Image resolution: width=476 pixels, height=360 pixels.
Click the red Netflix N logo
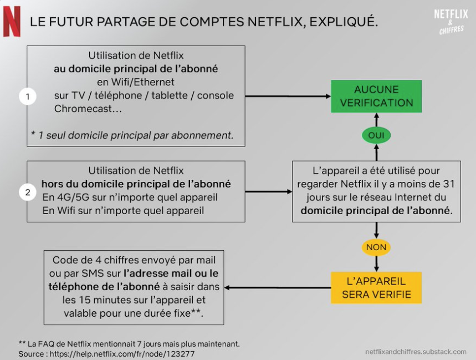[12, 22]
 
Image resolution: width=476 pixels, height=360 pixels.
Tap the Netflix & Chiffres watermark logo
[451, 22]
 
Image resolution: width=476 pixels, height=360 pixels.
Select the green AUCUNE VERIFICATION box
[376, 97]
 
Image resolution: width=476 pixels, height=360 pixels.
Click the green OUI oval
[376, 135]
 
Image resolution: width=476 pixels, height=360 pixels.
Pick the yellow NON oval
[376, 247]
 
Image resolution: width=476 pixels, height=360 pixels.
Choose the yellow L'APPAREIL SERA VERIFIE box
[376, 288]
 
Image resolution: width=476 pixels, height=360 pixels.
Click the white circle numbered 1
[28, 97]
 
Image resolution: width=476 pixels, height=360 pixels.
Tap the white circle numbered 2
[28, 192]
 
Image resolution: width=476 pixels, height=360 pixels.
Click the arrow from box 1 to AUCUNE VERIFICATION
[288, 97]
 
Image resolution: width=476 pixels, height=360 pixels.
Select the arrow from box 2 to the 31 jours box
[269, 192]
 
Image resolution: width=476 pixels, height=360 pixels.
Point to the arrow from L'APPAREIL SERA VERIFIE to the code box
[278, 287]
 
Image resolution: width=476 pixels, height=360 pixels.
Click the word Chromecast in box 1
[83, 109]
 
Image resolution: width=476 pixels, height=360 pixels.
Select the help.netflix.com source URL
[122, 354]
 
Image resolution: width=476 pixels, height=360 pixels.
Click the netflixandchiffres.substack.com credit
[416, 352]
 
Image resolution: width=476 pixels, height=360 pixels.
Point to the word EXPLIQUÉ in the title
[344, 22]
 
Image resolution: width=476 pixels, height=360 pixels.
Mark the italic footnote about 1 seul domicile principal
[132, 135]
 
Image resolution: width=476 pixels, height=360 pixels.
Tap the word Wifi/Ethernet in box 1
[143, 82]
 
